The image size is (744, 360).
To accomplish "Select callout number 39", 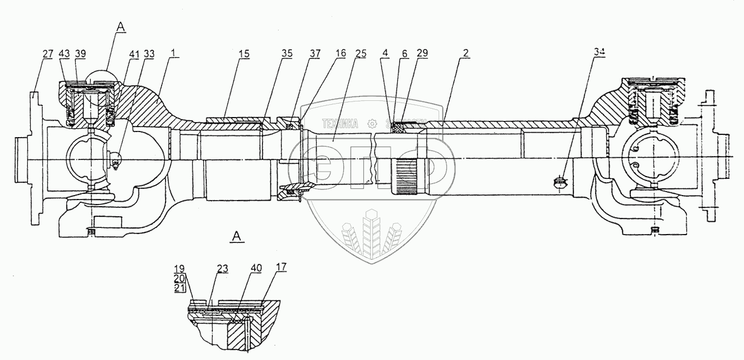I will pyautogui.click(x=81, y=53).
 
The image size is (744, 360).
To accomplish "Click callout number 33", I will pyautogui.click(x=149, y=53).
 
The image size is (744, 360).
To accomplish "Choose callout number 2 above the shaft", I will pyautogui.click(x=466, y=53).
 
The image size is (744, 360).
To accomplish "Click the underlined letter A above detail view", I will pyautogui.click(x=236, y=237).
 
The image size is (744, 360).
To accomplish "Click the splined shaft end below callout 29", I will pyautogui.click(x=409, y=176).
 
